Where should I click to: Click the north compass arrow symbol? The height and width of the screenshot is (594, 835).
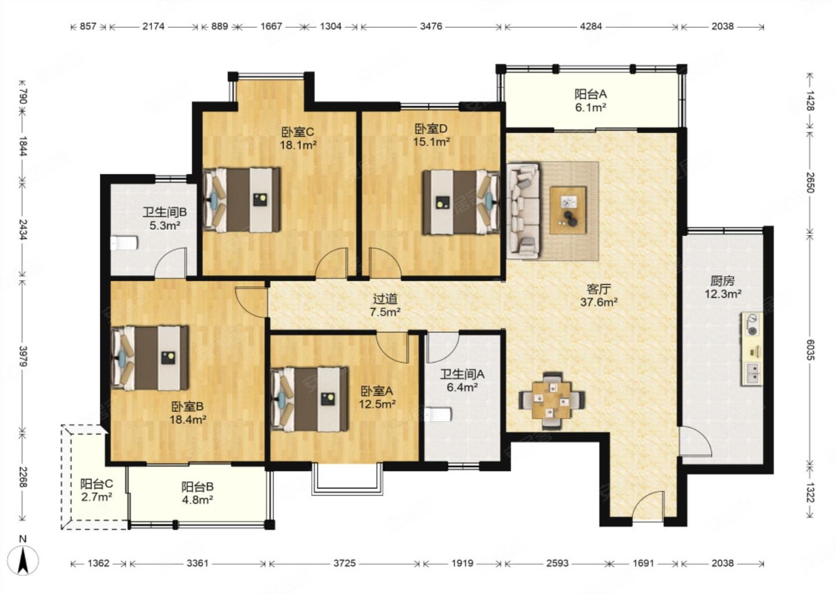click(x=23, y=560)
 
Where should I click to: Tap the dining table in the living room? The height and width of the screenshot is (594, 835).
click(x=552, y=400)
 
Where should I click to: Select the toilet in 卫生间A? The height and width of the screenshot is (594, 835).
click(x=438, y=415)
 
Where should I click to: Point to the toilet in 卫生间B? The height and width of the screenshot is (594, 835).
click(x=125, y=242)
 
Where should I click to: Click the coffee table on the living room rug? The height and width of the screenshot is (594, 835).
click(x=568, y=211)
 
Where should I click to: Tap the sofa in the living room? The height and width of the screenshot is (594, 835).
click(x=523, y=211)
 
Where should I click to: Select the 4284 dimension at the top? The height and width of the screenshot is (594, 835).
click(x=591, y=27)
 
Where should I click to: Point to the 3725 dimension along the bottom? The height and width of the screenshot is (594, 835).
click(x=344, y=563)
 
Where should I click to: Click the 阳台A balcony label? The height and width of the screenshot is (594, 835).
click(x=590, y=94)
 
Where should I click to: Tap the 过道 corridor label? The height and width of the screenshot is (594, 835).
click(x=386, y=299)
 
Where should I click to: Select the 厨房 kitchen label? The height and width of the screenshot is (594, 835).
click(x=723, y=280)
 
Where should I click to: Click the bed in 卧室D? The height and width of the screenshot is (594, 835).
click(x=461, y=202)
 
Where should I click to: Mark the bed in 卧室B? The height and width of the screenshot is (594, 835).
click(x=150, y=358)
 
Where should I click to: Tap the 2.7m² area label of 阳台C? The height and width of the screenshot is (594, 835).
click(x=96, y=497)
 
